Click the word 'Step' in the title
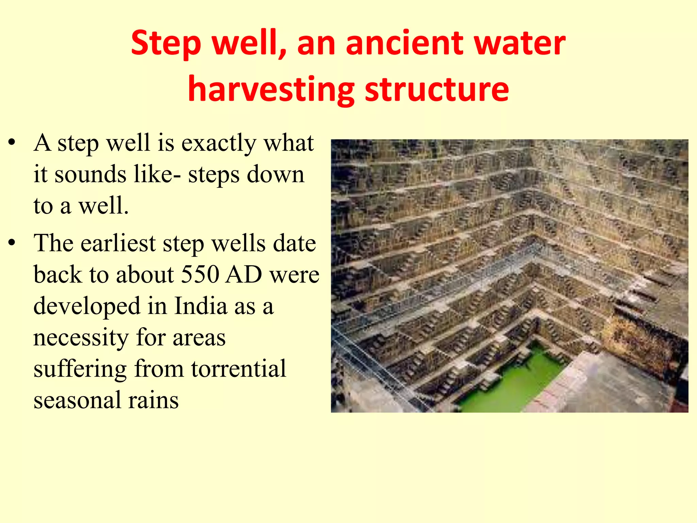tap(166, 44)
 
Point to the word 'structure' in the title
tap(437, 89)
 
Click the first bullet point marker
tap(12, 143)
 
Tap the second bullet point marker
tap(12, 243)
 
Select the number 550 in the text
tap(200, 274)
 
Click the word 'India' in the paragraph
tap(201, 306)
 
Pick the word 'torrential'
tap(239, 369)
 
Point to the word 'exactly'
tap(219, 143)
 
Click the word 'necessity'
tap(81, 337)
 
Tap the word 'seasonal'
tap(77, 400)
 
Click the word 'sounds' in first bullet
tap(91, 174)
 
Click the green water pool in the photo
tap(510, 381)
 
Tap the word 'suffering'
tap(80, 369)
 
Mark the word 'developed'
tap(87, 306)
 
